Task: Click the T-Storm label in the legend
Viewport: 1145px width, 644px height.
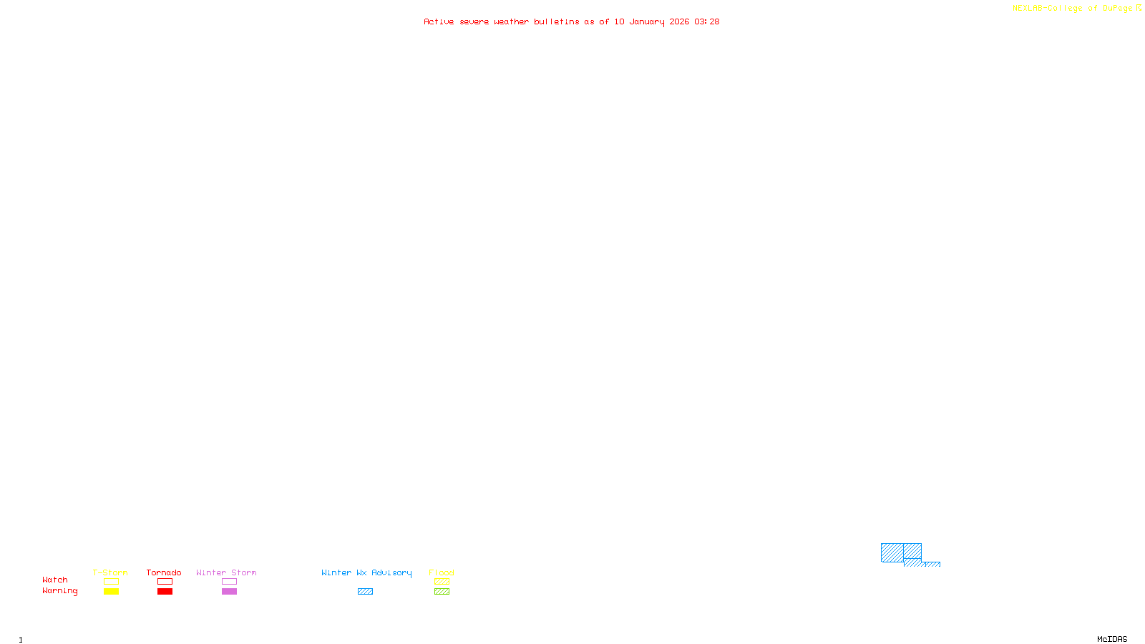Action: [x=110, y=572]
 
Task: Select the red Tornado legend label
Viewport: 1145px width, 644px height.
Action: [x=164, y=572]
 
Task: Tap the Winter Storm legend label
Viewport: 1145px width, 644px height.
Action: [x=226, y=572]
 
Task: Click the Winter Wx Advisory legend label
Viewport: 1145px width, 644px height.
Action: [x=366, y=572]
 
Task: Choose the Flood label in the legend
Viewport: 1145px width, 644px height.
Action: [x=442, y=572]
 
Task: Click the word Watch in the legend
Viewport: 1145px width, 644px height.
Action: [x=55, y=580]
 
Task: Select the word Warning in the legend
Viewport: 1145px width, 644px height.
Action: [x=59, y=591]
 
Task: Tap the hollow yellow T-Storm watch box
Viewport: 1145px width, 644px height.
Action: [x=111, y=582]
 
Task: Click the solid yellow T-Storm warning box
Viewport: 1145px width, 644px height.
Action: [x=111, y=592]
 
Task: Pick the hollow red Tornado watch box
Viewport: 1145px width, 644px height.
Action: [x=165, y=582]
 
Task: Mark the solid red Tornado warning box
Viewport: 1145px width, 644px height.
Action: [x=165, y=592]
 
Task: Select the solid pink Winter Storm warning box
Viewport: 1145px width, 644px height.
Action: [x=229, y=592]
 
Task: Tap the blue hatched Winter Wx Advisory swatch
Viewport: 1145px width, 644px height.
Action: [x=365, y=592]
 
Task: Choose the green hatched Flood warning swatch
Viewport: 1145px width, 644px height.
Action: [x=442, y=592]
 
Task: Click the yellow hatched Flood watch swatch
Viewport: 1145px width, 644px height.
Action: [x=442, y=582]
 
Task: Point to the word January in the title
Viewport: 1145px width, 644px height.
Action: [x=647, y=21]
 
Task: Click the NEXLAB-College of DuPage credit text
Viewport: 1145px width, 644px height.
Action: [x=1073, y=9]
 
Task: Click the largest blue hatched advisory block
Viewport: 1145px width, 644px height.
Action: [x=892, y=552]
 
